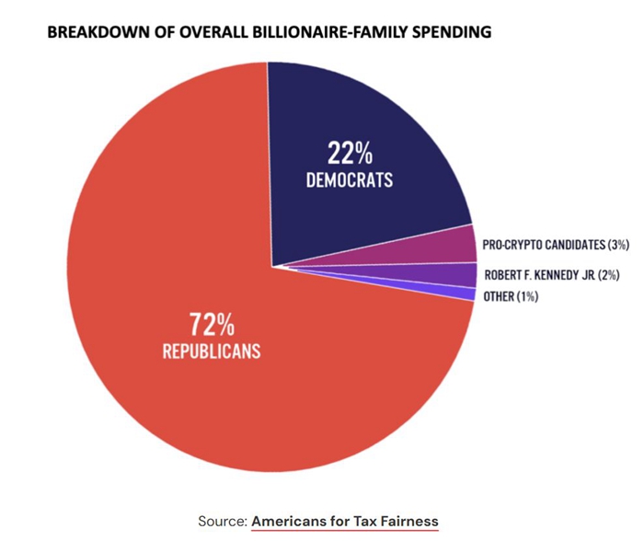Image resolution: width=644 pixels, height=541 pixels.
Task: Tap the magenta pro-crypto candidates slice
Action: [456, 247]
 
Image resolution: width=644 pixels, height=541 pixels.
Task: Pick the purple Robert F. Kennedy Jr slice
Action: [460, 274]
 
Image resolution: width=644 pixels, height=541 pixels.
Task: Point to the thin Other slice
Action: [465, 294]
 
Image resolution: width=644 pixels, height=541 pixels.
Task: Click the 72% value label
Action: [213, 325]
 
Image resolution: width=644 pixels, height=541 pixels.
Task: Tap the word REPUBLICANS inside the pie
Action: [213, 351]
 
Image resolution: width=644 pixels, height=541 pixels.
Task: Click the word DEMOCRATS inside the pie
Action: [350, 179]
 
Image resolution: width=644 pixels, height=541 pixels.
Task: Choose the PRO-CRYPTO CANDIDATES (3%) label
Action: [556, 247]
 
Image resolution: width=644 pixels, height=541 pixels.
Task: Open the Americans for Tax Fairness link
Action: [345, 521]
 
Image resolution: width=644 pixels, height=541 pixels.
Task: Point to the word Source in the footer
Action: [221, 521]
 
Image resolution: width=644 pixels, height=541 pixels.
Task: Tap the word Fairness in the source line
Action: [409, 521]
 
